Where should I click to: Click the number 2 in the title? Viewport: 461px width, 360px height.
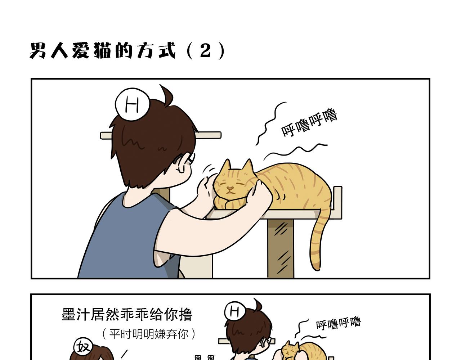[x=206, y=50]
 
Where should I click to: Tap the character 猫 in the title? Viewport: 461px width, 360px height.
[x=102, y=50]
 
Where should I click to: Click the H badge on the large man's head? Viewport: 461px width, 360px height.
[x=132, y=104]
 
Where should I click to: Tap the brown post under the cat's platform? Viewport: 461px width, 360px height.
[x=281, y=248]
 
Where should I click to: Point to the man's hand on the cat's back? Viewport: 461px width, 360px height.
[x=259, y=195]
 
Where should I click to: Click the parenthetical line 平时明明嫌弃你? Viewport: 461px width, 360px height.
[x=148, y=334]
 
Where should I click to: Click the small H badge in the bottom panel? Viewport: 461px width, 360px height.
[x=234, y=311]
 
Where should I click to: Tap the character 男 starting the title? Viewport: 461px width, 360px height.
[x=38, y=50]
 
